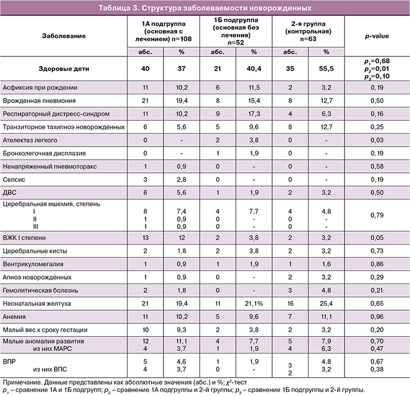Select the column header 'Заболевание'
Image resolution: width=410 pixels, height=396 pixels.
click(64, 36)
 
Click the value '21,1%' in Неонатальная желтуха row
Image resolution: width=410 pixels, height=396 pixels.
click(254, 304)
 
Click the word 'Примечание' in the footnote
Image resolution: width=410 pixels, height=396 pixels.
click(22, 381)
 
